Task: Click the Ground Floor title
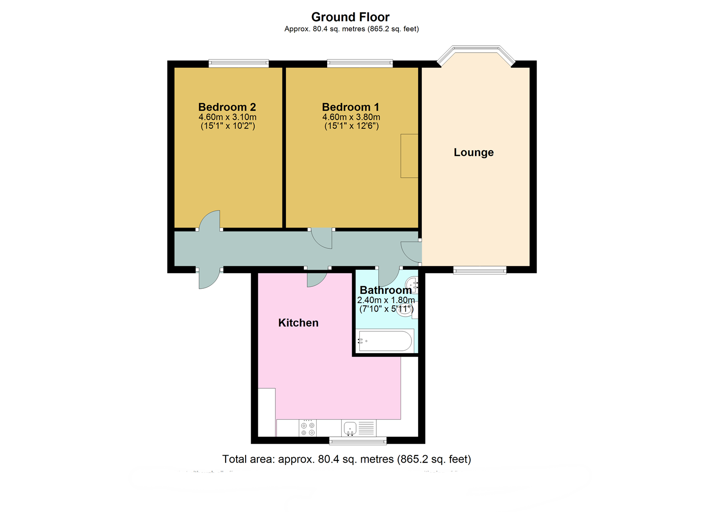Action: click(x=350, y=17)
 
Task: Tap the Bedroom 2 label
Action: click(x=227, y=107)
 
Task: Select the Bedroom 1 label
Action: click(x=350, y=107)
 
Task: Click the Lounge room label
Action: click(x=474, y=152)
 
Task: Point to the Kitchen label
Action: click(x=298, y=323)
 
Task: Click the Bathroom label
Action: click(x=385, y=290)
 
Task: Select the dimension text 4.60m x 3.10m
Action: click(x=228, y=117)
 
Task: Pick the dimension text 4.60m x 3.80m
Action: click(x=351, y=117)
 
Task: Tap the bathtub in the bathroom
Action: click(x=385, y=341)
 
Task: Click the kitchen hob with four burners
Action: click(x=308, y=428)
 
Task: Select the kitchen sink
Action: click(x=350, y=428)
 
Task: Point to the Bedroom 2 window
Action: click(x=239, y=63)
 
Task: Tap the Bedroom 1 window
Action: click(x=360, y=63)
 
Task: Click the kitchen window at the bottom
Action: click(x=358, y=441)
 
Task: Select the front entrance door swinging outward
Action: click(x=209, y=280)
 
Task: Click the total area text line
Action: click(x=347, y=459)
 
